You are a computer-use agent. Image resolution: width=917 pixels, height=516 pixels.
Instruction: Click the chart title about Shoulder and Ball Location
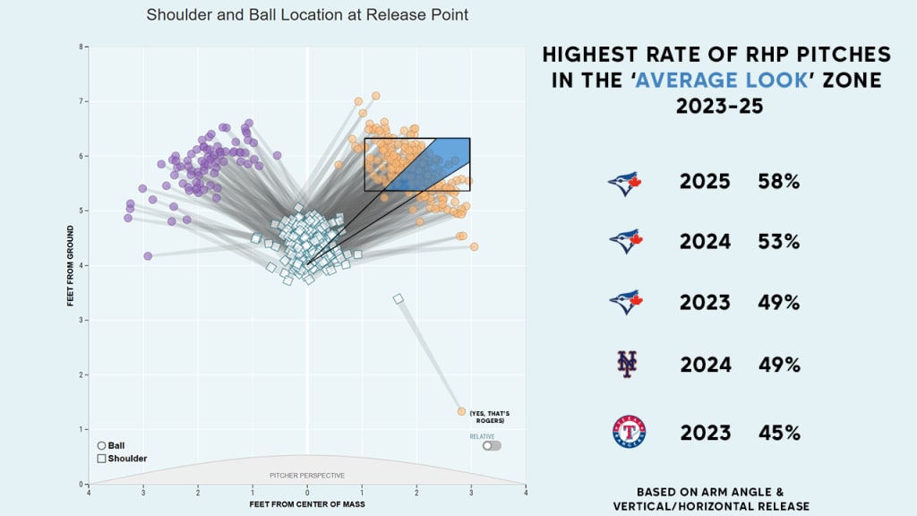coord(307,15)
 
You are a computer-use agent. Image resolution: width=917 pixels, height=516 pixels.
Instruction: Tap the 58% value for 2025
coord(777,183)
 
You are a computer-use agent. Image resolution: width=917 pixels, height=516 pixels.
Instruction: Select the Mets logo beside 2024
coord(628,364)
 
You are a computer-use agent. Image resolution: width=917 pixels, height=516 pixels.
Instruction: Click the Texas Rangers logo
coord(629,432)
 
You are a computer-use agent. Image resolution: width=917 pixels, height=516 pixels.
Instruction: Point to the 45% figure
coord(777,433)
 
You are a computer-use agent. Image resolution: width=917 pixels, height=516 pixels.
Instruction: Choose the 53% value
coord(777,241)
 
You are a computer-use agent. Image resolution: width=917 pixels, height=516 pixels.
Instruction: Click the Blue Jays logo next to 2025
coord(626,184)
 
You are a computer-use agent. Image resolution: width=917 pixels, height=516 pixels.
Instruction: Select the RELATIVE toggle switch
coord(491,445)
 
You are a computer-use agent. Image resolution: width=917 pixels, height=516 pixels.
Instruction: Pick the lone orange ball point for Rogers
coord(461,411)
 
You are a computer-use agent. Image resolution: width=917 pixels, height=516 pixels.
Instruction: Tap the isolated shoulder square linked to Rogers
coord(398,298)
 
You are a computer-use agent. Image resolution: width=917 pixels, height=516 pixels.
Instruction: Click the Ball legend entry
coord(111,445)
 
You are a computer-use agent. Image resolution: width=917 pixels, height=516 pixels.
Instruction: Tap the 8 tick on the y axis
coord(81,47)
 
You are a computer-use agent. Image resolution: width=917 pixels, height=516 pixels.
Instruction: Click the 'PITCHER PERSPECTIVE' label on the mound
coord(307,476)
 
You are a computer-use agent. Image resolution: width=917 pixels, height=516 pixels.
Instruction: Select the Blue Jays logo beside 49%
coord(626,302)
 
